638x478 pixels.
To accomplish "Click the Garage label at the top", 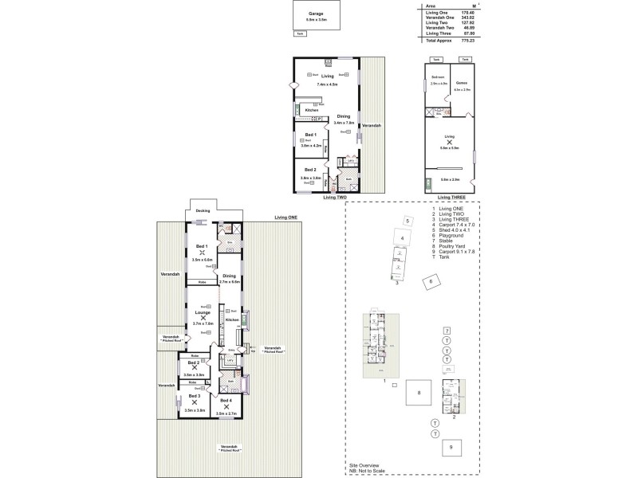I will click(304, 14).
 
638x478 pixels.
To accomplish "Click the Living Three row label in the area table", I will click(438, 33).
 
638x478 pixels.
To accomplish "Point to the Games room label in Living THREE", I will click(461, 83).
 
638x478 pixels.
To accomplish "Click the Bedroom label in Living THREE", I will click(437, 77).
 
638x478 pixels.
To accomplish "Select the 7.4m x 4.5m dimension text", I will click(327, 84).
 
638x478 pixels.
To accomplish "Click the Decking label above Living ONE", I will click(203, 211).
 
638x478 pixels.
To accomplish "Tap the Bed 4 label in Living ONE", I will click(226, 400).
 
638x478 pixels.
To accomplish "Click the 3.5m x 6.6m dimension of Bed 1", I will click(202, 260).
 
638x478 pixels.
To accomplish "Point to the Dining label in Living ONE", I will click(230, 276).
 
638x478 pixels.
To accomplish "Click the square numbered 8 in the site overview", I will click(419, 393).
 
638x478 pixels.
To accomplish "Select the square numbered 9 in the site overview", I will click(451, 448).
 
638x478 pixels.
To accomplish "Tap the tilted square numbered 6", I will click(431, 281).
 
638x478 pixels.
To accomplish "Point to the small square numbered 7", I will click(447, 331).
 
